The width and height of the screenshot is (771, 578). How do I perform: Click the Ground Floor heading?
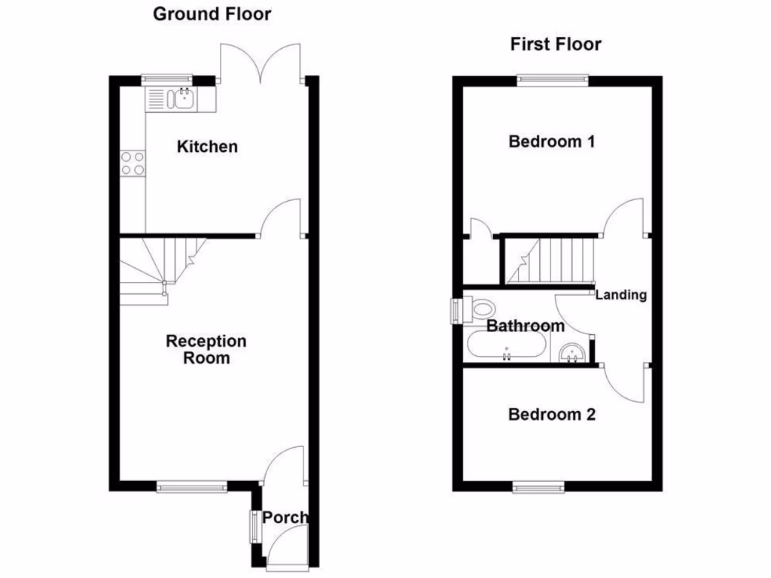pyautogui.click(x=212, y=14)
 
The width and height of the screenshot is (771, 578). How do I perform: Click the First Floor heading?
pyautogui.click(x=556, y=44)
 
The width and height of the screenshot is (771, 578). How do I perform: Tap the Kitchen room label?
pyautogui.click(x=207, y=146)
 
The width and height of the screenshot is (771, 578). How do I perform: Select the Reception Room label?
pyautogui.click(x=206, y=349)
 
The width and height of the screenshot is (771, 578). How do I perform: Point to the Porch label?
pyautogui.click(x=285, y=517)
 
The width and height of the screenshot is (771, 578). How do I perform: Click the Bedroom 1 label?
pyautogui.click(x=552, y=141)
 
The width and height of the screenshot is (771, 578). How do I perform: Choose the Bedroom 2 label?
pyautogui.click(x=552, y=414)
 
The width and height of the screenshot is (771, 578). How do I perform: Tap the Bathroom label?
pyautogui.click(x=525, y=326)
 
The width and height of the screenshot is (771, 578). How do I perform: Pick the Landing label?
pyautogui.click(x=621, y=294)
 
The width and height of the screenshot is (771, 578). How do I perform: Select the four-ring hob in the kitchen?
pyautogui.click(x=133, y=163)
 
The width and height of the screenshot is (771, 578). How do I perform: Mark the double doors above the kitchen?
pyautogui.click(x=261, y=65)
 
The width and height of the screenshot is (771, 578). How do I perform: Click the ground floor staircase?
pyautogui.click(x=162, y=267)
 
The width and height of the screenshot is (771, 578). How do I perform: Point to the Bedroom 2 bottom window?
pyautogui.click(x=538, y=488)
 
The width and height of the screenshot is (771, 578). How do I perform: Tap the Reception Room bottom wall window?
pyautogui.click(x=192, y=488)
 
